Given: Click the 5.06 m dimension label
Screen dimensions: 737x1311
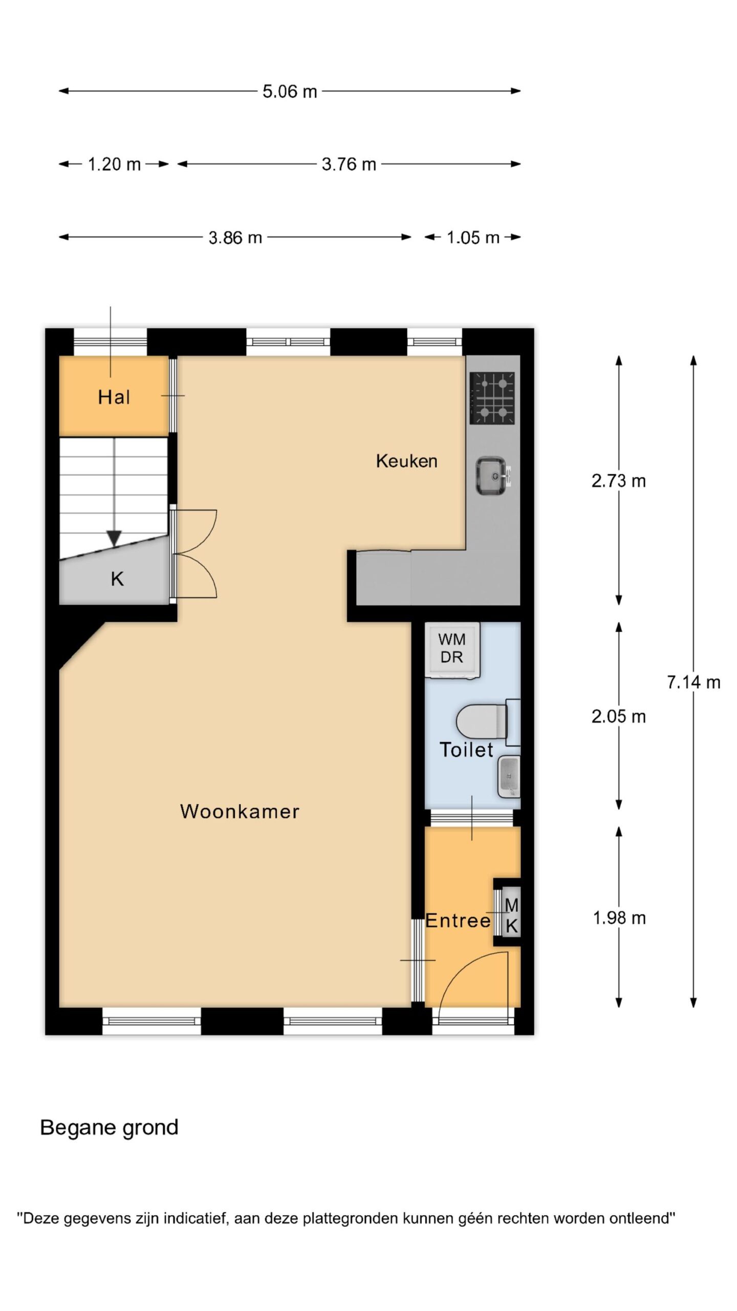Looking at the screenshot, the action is pyautogui.click(x=290, y=92).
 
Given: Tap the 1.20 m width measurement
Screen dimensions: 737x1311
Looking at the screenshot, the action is pyautogui.click(x=114, y=164).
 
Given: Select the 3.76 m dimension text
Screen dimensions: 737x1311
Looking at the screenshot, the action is pyautogui.click(x=349, y=164).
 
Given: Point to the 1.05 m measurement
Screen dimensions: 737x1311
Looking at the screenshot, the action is pyautogui.click(x=472, y=238).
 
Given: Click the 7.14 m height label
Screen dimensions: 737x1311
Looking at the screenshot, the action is pyautogui.click(x=693, y=682).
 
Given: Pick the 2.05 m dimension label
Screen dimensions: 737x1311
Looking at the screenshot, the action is pyautogui.click(x=618, y=716).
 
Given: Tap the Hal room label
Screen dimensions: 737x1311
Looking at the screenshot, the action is pyautogui.click(x=114, y=397).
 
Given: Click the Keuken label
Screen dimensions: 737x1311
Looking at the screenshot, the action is pyautogui.click(x=406, y=461).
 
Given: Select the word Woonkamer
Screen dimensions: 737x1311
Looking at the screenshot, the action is pyautogui.click(x=240, y=811).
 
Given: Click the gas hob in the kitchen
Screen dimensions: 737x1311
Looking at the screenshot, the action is pyautogui.click(x=492, y=398).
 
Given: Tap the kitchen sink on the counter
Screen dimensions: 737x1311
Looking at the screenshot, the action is pyautogui.click(x=493, y=476).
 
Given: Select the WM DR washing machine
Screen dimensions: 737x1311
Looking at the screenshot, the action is pyautogui.click(x=452, y=650).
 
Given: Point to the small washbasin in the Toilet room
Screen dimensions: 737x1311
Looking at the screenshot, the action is pyautogui.click(x=509, y=776).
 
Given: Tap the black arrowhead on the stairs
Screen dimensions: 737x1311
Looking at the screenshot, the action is pyautogui.click(x=114, y=538).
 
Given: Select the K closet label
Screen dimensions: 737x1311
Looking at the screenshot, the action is pyautogui.click(x=117, y=579).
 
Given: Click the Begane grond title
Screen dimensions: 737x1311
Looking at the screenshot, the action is pyautogui.click(x=109, y=1127).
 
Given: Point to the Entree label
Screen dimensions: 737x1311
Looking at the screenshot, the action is pyautogui.click(x=458, y=921).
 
